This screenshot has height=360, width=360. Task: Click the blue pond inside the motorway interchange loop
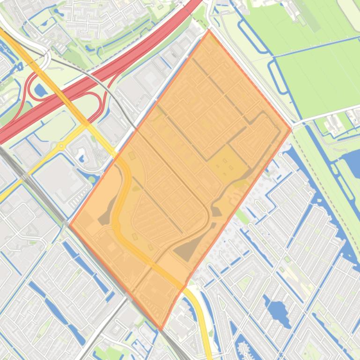pos(40,89)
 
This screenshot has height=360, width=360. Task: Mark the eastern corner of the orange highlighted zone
pos(291,128)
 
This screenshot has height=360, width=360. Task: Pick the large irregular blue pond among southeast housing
pos(278,309)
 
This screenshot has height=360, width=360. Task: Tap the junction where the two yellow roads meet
pos(87,124)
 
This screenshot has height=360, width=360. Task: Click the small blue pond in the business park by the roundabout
pos(82,158)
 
